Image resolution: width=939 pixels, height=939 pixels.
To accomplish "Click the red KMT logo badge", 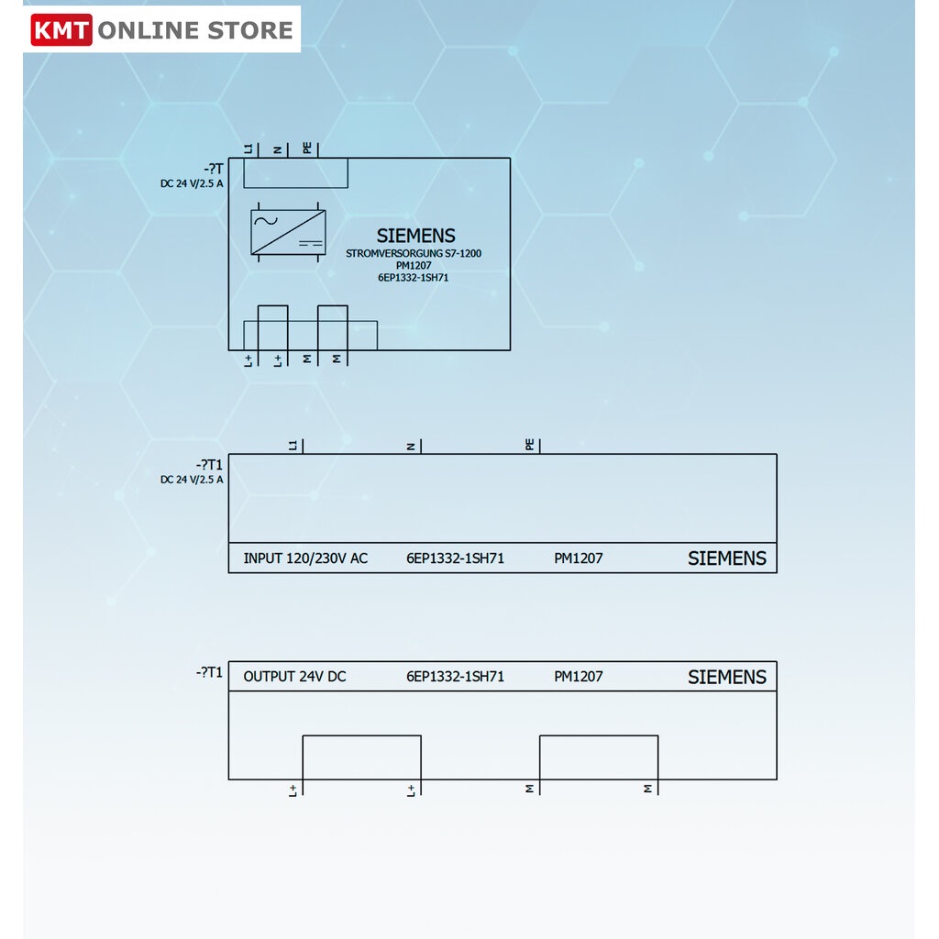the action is [61, 29].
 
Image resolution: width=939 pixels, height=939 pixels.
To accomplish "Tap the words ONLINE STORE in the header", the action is [195, 30].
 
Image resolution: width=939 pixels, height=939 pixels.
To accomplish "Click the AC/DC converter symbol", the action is [288, 232].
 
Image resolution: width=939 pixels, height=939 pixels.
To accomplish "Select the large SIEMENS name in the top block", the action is [415, 236].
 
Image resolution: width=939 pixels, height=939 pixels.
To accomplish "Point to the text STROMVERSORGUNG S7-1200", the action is [414, 253].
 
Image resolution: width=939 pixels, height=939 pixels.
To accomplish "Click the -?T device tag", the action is [213, 169].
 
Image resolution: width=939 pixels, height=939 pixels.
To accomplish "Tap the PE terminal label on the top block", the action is [307, 148].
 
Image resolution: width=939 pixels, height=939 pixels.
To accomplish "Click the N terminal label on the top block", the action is [277, 149].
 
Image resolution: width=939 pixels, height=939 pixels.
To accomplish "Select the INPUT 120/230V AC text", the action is [305, 558].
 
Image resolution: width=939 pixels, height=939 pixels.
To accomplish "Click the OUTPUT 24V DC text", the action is [294, 676].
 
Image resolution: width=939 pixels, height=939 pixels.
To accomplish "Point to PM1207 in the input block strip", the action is [578, 558].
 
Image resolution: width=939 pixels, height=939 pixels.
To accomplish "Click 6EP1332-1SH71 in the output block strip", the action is [455, 676].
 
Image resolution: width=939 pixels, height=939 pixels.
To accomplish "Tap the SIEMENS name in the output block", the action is [726, 677].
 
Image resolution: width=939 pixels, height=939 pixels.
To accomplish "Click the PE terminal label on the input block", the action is [529, 445].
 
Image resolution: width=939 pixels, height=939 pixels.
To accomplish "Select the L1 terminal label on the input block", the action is [293, 445].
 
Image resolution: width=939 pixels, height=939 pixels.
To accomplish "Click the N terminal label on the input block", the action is [411, 447].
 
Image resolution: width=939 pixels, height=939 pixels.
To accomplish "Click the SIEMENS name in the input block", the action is [726, 558].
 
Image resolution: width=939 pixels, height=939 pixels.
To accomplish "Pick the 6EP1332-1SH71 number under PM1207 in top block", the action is [413, 277].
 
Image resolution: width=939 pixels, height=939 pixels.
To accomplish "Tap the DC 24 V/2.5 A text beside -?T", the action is [192, 183].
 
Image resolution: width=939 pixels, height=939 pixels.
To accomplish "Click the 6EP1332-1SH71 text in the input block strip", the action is [455, 558].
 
